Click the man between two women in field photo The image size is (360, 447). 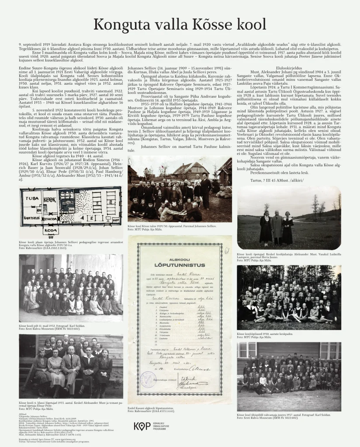point(276,227)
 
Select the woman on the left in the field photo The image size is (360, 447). point(265,228)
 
